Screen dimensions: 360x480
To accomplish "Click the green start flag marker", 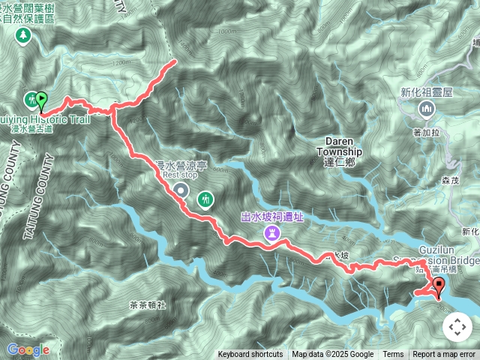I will (41, 99).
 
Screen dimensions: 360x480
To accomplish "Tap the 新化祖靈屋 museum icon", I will (427, 111).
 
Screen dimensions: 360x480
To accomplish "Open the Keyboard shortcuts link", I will (250, 355).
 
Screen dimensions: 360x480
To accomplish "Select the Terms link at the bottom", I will (393, 355).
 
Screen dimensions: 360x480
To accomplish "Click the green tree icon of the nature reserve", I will (23, 34).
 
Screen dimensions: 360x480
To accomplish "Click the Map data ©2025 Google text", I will (332, 355).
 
